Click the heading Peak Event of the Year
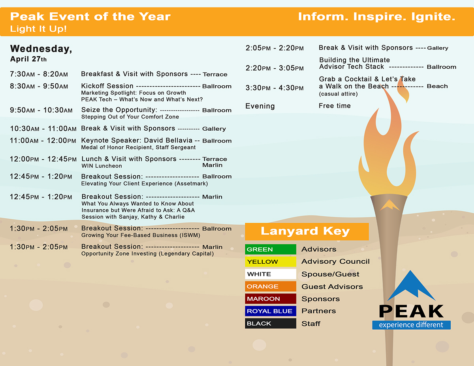[x=90, y=17]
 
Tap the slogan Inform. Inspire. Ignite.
[x=376, y=17]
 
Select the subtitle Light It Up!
[x=38, y=29]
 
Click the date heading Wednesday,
[x=41, y=49]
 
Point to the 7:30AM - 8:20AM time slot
[x=39, y=74]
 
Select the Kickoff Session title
[x=107, y=86]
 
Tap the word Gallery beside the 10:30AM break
[x=214, y=129]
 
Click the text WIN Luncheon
[x=102, y=166]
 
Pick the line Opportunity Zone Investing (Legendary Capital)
[x=147, y=253]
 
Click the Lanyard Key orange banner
[x=307, y=231]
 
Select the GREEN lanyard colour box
[x=270, y=250]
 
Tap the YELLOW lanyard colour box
[x=270, y=262]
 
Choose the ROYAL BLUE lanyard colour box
[x=270, y=311]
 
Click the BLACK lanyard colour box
[x=270, y=323]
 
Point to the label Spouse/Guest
[x=330, y=274]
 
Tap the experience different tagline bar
[x=411, y=325]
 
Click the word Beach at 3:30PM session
[x=437, y=86]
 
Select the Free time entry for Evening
[x=335, y=106]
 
